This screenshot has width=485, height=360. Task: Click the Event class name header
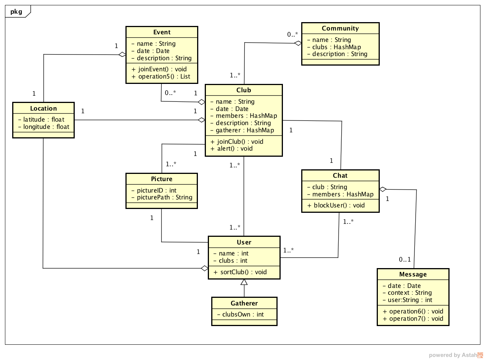coord(162,32)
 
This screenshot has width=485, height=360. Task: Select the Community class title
coord(340,29)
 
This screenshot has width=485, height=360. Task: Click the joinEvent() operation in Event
coord(159,69)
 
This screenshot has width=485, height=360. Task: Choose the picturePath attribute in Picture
coord(162,198)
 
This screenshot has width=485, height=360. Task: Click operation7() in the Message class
coord(413,319)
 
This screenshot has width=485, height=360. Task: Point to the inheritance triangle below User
coord(244,283)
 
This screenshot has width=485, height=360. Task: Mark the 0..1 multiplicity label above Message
coord(405,260)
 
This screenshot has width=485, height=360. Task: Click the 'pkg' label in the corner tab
coord(16,12)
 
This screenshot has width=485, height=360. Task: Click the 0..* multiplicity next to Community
coord(292,35)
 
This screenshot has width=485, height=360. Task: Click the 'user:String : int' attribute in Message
coord(407,300)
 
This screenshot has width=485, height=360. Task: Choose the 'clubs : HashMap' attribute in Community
coord(334,47)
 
